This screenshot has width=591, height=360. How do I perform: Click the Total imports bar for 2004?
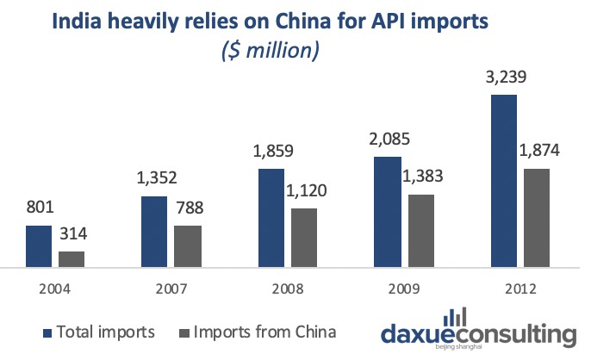click(40, 246)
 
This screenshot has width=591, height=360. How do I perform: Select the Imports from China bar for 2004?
click(72, 259)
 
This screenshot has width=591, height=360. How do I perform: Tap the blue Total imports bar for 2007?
click(153, 232)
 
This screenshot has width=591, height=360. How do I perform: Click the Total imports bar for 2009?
click(387, 212)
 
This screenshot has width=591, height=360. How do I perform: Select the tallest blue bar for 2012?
click(503, 181)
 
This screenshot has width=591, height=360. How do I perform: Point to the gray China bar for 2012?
click(536, 218)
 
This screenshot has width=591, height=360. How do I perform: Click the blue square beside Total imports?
click(45, 332)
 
